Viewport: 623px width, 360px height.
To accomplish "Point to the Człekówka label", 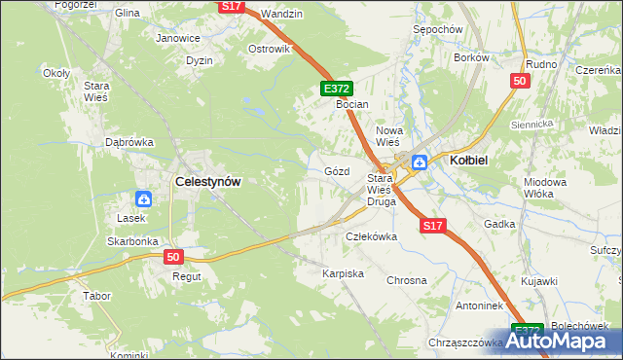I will click(373, 236).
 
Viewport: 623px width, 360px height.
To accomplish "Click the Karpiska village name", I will click(344, 273).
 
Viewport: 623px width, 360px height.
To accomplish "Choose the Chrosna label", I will click(407, 280).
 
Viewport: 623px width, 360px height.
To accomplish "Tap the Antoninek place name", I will click(452, 305).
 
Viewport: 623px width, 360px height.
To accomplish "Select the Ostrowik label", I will click(270, 49).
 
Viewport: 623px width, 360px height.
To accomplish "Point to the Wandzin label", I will click(282, 14).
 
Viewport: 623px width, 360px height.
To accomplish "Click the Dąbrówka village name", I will click(130, 142).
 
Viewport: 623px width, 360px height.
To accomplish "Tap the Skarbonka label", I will click(133, 240).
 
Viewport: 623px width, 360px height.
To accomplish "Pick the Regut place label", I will click(187, 276).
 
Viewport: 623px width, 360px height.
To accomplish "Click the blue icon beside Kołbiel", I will click(421, 162).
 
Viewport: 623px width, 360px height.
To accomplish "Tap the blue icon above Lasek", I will click(143, 199).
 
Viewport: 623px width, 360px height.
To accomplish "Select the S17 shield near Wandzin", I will click(230, 6).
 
